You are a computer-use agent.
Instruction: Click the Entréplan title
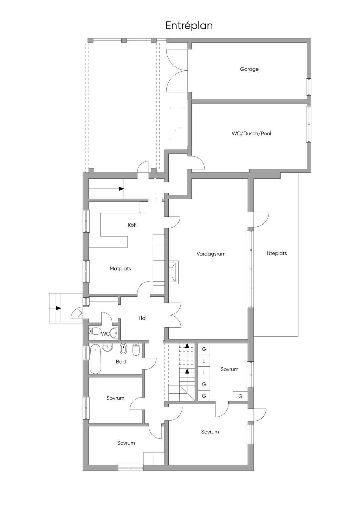189,26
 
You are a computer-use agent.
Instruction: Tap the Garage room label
249,69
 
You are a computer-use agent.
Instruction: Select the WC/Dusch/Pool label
251,134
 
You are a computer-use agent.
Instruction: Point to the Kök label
132,225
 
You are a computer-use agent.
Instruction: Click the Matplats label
120,269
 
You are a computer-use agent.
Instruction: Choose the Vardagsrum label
211,254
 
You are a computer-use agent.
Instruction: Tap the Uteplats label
277,253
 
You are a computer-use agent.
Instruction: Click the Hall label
143,318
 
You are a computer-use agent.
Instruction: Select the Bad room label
121,362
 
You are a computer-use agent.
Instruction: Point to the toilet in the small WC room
95,331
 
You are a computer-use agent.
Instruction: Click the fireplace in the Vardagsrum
174,271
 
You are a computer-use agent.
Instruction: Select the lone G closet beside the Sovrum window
240,396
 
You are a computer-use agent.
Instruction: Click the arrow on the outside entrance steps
58,308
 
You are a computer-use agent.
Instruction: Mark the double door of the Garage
177,72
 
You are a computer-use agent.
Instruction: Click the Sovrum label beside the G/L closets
229,369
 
